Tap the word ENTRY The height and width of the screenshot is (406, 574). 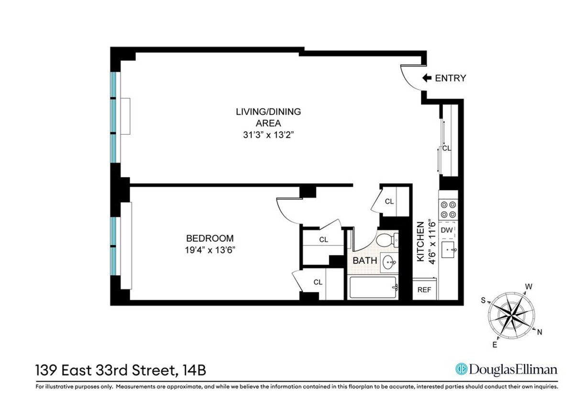pos(450,78)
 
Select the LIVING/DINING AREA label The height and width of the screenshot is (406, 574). pos(268,117)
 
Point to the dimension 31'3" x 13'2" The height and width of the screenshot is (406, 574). pos(268,135)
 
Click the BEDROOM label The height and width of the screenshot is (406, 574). pos(210,238)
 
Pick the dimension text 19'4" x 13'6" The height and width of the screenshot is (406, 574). pos(210,249)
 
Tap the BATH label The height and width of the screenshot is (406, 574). pos(365,261)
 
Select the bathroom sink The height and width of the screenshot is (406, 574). pos(389,261)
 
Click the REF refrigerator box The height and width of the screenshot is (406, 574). pos(424,290)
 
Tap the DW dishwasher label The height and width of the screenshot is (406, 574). pos(447,230)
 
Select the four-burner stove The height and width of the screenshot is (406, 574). pos(449,209)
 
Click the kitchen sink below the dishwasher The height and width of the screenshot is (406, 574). pos(449,249)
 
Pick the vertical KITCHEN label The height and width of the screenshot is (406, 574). pos(421,241)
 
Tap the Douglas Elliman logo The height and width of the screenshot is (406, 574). pos(506,369)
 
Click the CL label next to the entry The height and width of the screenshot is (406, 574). pos(447,148)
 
